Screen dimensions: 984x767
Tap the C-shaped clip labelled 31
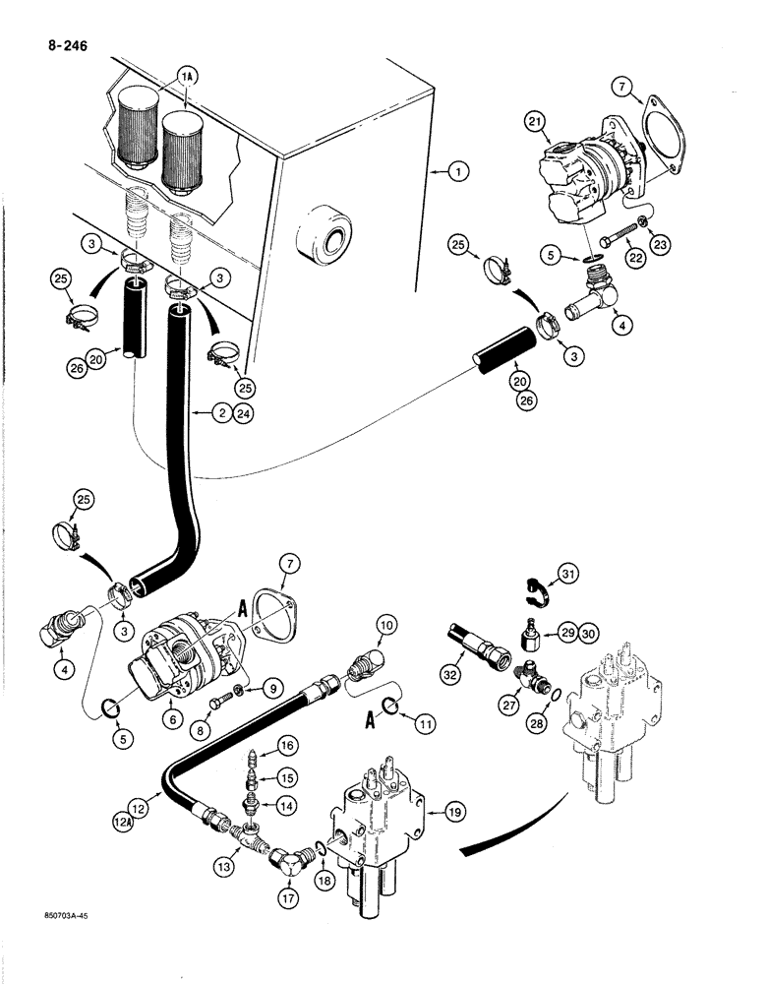point(532,588)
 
